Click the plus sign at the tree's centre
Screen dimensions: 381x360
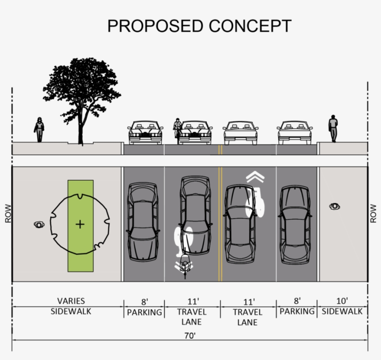(x=80, y=224)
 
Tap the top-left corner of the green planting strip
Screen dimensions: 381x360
(x=68, y=180)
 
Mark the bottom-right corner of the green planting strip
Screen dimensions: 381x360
(x=93, y=272)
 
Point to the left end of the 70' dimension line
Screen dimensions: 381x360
(x=12, y=340)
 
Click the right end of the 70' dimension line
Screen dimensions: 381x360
(x=368, y=340)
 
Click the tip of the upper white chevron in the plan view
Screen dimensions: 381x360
(x=255, y=171)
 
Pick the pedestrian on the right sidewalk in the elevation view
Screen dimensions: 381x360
(x=333, y=128)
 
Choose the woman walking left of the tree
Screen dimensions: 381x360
(x=39, y=130)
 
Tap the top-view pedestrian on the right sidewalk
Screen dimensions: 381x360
(x=335, y=206)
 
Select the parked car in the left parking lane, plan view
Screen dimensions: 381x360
(x=143, y=222)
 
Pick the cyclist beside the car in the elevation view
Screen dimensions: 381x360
(x=177, y=128)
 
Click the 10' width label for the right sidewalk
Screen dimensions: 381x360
(x=342, y=301)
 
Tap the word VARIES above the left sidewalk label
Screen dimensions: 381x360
(x=71, y=301)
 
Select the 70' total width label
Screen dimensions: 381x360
(x=190, y=336)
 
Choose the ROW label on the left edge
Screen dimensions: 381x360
(x=8, y=213)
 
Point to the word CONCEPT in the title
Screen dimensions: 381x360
(x=250, y=26)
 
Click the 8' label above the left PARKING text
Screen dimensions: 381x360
(x=145, y=302)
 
